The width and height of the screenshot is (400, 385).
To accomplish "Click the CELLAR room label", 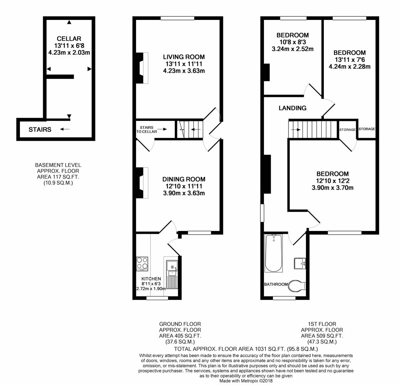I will click(69, 38).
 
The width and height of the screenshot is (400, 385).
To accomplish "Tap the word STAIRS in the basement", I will click(40, 129).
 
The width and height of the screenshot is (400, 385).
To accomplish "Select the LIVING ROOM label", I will click(184, 57).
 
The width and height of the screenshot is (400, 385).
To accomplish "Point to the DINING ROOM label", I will click(184, 179).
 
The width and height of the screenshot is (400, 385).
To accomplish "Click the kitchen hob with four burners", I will click(142, 264).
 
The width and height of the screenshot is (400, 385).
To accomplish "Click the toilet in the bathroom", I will click(297, 286).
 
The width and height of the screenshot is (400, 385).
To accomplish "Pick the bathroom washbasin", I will click(299, 264).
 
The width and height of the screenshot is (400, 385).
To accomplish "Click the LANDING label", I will click(292, 108).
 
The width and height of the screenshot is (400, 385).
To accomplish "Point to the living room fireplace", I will click(142, 68).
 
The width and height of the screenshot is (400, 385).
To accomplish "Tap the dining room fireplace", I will click(142, 183).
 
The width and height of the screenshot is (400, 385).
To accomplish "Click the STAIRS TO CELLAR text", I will click(147, 129).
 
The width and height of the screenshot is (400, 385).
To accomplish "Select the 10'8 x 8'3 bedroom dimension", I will click(292, 42).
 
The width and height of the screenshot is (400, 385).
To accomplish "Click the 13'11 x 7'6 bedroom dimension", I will click(349, 60).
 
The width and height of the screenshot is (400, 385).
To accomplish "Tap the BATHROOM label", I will click(276, 284).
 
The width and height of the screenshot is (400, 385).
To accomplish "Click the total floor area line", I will click(246, 349).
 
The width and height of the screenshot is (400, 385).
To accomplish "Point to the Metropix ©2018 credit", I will click(245, 381).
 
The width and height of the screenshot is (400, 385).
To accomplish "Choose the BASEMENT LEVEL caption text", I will click(58, 165).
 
